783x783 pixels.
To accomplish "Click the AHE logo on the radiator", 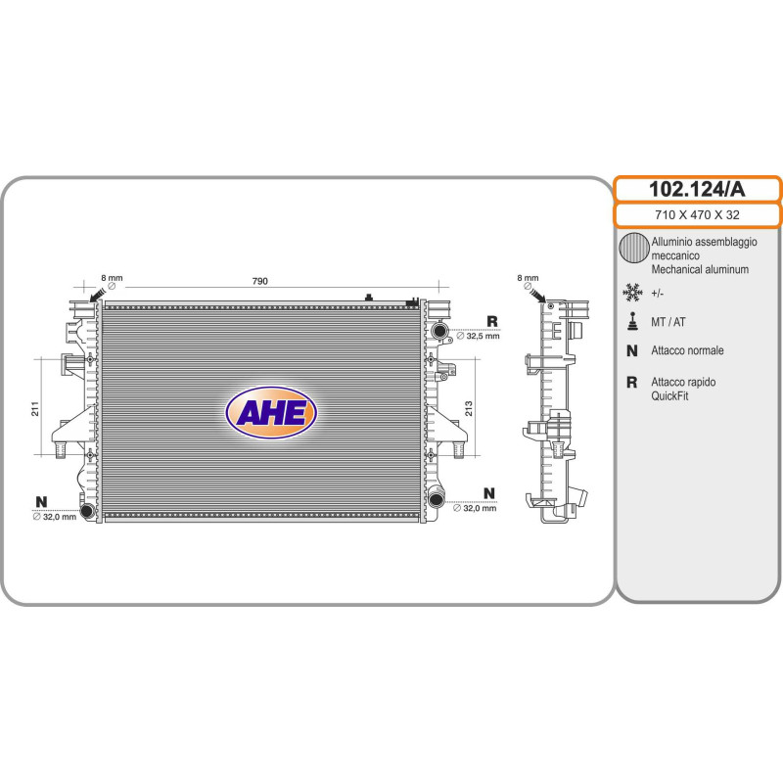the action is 271,412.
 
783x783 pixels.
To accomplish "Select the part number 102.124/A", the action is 697,189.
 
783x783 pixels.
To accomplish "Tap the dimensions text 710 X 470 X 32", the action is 697,215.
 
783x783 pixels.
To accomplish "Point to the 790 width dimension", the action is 259,281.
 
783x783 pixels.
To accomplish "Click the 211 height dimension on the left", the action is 35,408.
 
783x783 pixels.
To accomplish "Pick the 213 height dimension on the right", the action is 469,408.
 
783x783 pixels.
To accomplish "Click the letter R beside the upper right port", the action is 492,321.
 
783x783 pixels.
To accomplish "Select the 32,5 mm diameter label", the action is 478,336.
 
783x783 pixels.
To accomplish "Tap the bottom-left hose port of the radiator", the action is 87,510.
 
